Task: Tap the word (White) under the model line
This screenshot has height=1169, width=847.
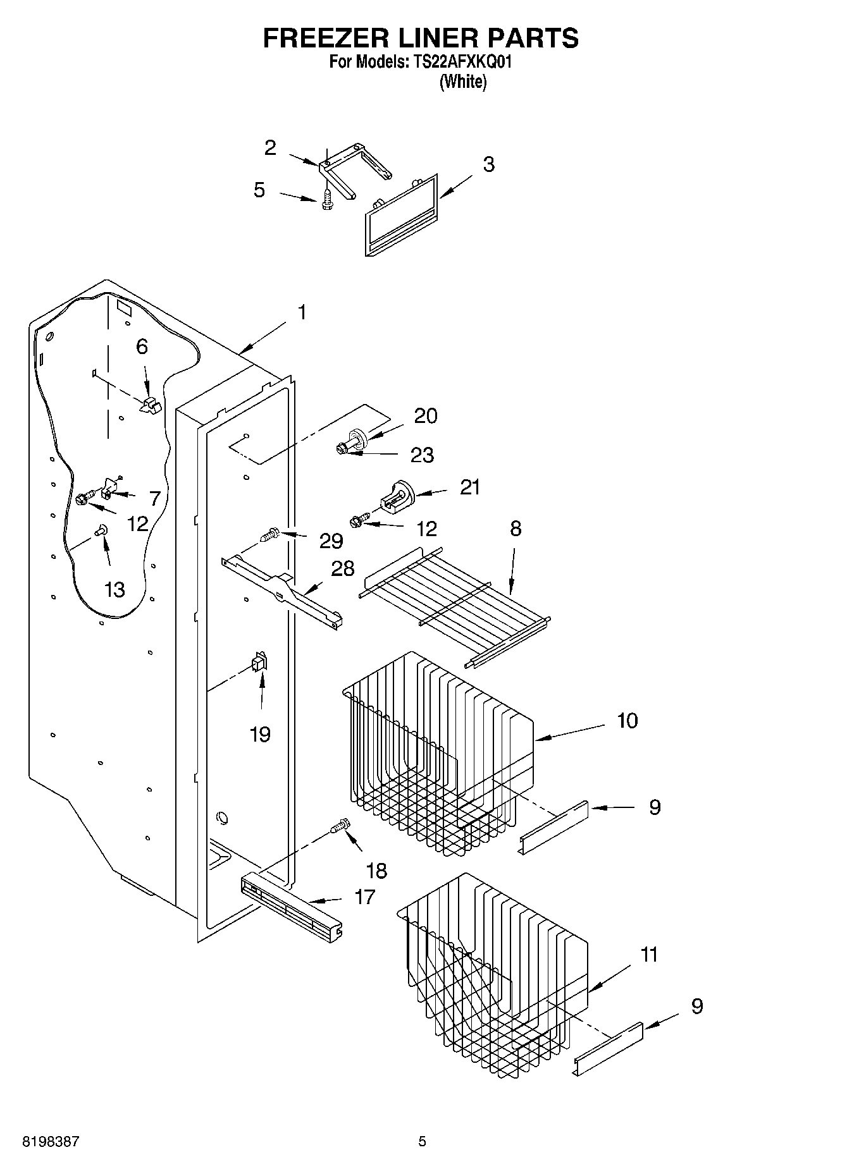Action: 463,82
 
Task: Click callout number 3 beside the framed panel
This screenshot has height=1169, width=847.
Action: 488,164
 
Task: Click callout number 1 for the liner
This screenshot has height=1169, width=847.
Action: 302,312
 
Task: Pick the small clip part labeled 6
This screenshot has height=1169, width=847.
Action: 151,405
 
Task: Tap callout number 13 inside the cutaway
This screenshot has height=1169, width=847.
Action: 114,589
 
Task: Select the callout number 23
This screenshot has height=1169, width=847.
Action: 422,455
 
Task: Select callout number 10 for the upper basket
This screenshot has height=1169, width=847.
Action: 627,720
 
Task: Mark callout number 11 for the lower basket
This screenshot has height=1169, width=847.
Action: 649,955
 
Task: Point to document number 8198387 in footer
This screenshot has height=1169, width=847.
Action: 51,1142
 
